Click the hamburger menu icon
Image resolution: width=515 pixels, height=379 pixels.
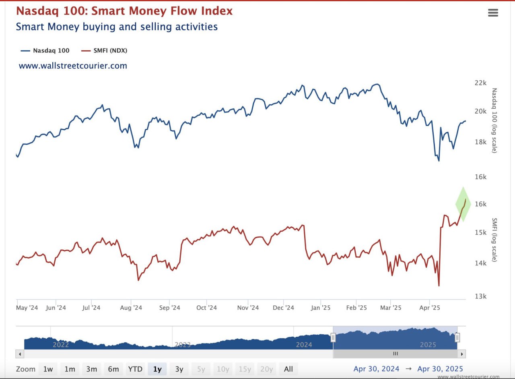493,13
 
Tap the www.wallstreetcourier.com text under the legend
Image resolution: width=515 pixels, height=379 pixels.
73,66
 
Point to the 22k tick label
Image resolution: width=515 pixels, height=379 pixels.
481,83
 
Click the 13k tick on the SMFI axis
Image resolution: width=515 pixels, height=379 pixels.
481,296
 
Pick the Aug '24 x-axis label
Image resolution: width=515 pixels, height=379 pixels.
131,308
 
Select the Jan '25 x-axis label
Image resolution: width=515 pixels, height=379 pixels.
321,308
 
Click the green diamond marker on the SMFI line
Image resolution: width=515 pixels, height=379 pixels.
463,204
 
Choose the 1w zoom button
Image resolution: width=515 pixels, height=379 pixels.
48,369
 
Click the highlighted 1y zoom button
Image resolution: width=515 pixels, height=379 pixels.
157,369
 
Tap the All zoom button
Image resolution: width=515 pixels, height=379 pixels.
288,369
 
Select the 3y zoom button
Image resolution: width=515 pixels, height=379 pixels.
179,369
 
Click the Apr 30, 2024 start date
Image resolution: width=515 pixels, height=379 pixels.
376,369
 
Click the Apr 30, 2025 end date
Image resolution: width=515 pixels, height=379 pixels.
440,369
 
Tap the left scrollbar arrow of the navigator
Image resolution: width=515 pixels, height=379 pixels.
20,354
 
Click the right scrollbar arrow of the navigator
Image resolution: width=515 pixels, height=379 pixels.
461,354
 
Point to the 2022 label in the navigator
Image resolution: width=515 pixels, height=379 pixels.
61,345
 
